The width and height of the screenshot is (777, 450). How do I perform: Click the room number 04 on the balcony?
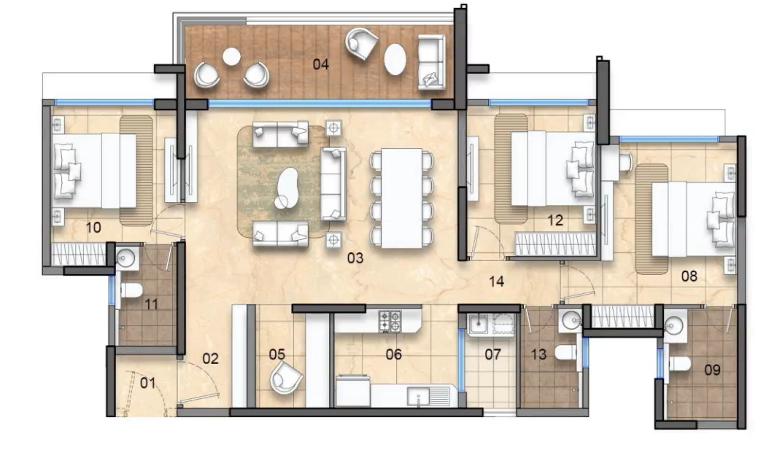pos(321,64)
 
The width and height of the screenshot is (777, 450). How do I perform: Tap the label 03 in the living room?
pos(355,257)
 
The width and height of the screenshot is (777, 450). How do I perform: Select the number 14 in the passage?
pos(497,281)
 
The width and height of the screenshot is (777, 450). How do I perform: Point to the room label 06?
pos(394,354)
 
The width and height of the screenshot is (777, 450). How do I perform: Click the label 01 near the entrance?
pos(148,382)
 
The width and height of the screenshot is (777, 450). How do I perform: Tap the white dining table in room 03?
pos(398,197)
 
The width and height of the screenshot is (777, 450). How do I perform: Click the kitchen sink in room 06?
pos(422,397)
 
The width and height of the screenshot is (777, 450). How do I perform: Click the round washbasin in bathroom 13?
pos(571,319)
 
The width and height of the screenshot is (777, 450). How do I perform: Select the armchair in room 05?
pos(286,377)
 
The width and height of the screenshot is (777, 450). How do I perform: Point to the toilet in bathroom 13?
pos(566,354)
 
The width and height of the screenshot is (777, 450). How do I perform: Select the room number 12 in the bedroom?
pos(555,220)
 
